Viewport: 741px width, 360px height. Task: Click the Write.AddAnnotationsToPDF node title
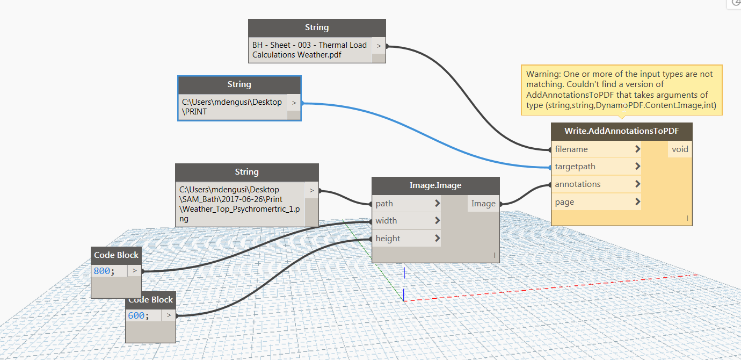621,131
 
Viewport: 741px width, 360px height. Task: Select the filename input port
571,149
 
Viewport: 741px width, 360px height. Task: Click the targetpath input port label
575,167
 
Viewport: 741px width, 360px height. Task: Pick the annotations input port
577,184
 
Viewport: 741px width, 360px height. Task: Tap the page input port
564,202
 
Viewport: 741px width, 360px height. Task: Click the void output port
679,149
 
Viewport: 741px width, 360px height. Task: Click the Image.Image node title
435,185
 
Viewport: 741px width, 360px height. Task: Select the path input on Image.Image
384,204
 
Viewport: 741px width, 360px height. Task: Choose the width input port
386,221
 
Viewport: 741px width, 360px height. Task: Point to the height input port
388,239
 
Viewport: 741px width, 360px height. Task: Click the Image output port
483,204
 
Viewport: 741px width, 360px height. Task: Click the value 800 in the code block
101,271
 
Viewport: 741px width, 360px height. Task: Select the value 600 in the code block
136,315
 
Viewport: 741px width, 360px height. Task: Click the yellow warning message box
621,90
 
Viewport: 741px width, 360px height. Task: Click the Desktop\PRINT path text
231,106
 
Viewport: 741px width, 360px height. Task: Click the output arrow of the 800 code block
134,271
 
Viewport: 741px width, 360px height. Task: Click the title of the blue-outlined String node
239,84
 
